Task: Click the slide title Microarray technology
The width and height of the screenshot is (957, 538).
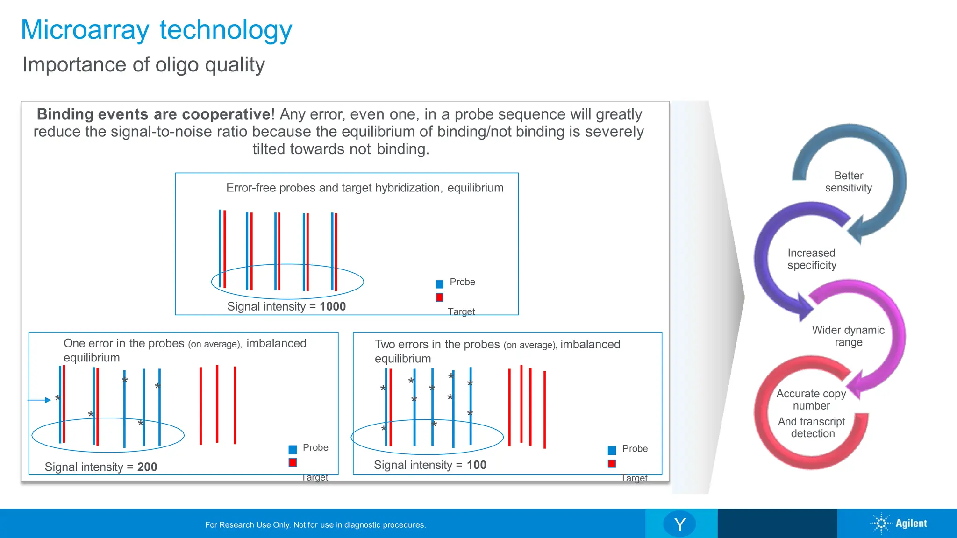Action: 157,30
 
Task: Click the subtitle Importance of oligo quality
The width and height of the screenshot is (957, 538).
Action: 143,64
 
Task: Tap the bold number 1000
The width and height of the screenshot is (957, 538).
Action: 333,306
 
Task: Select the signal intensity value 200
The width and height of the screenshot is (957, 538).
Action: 147,467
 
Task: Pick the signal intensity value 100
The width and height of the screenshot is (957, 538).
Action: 477,465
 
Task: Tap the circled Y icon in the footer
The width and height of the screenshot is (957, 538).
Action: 679,524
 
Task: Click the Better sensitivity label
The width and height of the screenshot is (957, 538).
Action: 849,182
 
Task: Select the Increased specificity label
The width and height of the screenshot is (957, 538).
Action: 812,259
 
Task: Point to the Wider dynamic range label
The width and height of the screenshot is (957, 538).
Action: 848,336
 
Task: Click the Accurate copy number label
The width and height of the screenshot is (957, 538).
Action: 811,399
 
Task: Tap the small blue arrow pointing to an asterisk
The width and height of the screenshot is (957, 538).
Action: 39,400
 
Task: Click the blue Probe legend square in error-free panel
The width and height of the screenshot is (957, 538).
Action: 439,284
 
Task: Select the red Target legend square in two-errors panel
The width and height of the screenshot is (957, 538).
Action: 612,463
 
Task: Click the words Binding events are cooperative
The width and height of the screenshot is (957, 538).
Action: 153,114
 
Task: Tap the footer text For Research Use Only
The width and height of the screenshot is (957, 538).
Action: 315,525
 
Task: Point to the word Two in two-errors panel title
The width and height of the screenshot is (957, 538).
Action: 385,344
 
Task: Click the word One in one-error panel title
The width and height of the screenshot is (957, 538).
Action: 74,343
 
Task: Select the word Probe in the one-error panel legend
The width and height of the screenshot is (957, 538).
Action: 315,447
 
